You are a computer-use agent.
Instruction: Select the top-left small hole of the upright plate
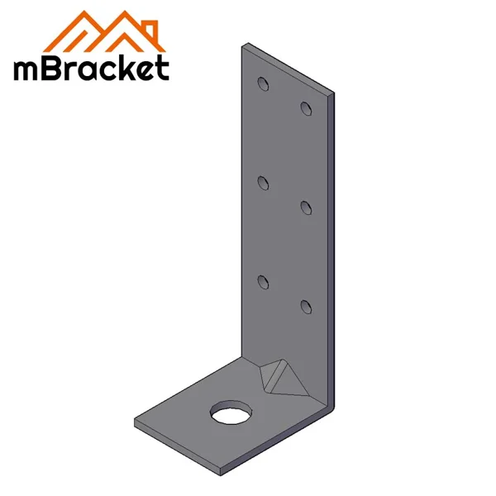(x=262, y=83)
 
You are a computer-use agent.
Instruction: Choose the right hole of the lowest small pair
(x=306, y=307)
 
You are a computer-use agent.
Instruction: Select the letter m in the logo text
(x=27, y=69)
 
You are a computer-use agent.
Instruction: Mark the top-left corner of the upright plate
(x=242, y=46)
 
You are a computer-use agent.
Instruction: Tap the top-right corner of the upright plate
(x=335, y=93)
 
